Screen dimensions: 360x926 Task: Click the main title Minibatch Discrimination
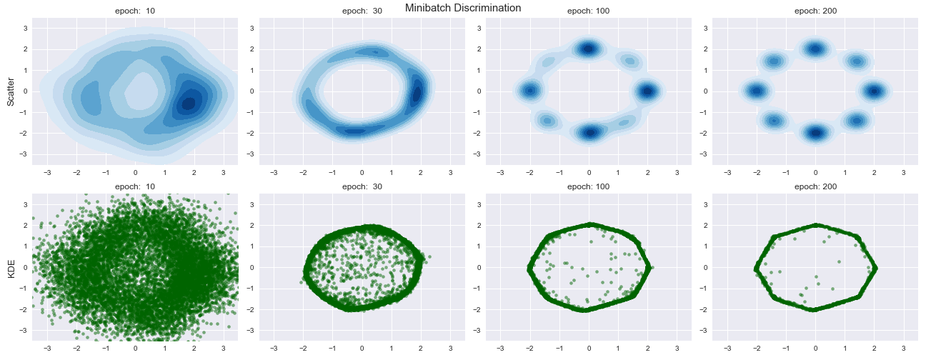point(463,8)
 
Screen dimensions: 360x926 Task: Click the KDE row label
point(11,268)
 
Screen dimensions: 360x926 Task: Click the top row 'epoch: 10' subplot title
point(136,11)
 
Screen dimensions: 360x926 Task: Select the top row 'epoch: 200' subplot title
point(815,11)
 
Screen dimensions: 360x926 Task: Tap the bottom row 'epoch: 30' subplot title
point(362,187)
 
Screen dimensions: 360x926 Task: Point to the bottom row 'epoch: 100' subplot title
point(589,187)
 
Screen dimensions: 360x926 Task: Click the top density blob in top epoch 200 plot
point(815,49)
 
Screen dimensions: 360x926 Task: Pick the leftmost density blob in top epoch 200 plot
point(757,91)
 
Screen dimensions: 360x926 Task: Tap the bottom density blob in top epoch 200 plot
point(815,133)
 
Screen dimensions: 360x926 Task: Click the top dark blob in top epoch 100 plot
point(589,49)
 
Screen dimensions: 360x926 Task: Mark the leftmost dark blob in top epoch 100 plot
point(530,91)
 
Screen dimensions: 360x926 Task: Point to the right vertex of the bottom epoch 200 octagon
point(875,268)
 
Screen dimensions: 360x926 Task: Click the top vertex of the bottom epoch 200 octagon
point(815,226)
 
